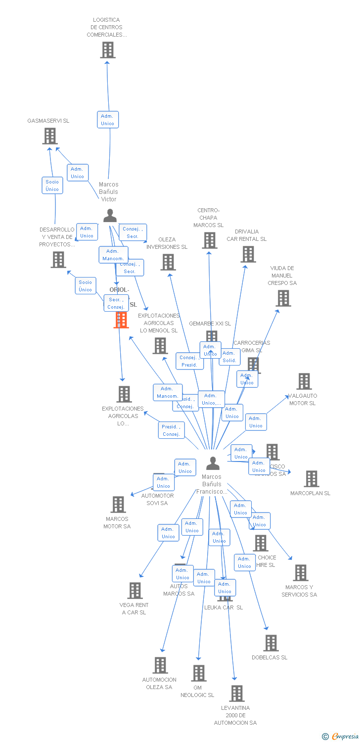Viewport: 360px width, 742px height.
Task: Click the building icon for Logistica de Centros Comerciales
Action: click(108, 50)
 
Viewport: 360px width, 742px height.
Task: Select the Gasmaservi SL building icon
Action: click(50, 136)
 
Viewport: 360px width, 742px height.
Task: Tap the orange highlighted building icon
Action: click(121, 320)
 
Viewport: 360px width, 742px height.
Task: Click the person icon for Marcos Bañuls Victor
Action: click(110, 216)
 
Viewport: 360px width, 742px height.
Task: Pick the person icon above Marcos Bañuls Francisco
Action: click(213, 464)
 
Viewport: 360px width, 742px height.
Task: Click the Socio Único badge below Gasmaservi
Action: click(52, 185)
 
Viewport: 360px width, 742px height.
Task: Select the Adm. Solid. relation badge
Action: click(229, 357)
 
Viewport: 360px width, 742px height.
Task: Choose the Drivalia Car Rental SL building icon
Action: click(248, 254)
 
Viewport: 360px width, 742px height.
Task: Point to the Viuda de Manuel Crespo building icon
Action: click(283, 298)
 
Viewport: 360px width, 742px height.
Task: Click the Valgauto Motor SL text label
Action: click(303, 400)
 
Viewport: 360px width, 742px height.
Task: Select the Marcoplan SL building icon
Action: click(311, 479)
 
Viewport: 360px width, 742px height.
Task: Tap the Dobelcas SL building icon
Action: click(270, 643)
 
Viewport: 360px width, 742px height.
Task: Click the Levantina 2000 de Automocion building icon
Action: click(236, 694)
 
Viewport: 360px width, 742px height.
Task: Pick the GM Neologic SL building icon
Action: click(199, 673)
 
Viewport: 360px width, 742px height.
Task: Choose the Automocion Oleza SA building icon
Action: click(160, 665)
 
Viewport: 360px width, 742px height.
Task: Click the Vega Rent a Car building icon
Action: click(135, 591)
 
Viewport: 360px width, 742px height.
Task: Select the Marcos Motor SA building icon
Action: click(118, 505)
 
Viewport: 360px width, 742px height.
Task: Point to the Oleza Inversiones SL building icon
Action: click(168, 262)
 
